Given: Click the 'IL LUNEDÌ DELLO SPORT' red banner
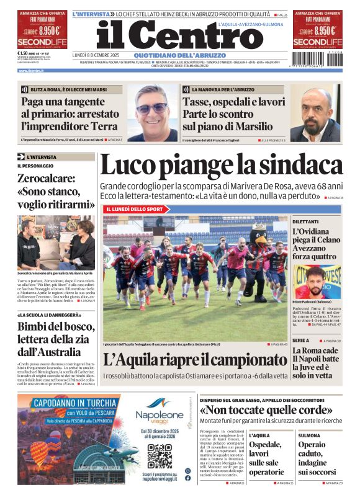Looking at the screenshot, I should pyautogui.click(x=135, y=209).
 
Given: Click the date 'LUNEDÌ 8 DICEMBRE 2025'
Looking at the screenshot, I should pyautogui.click(x=95, y=54).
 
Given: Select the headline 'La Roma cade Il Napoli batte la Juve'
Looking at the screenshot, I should pyautogui.click(x=317, y=363).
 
